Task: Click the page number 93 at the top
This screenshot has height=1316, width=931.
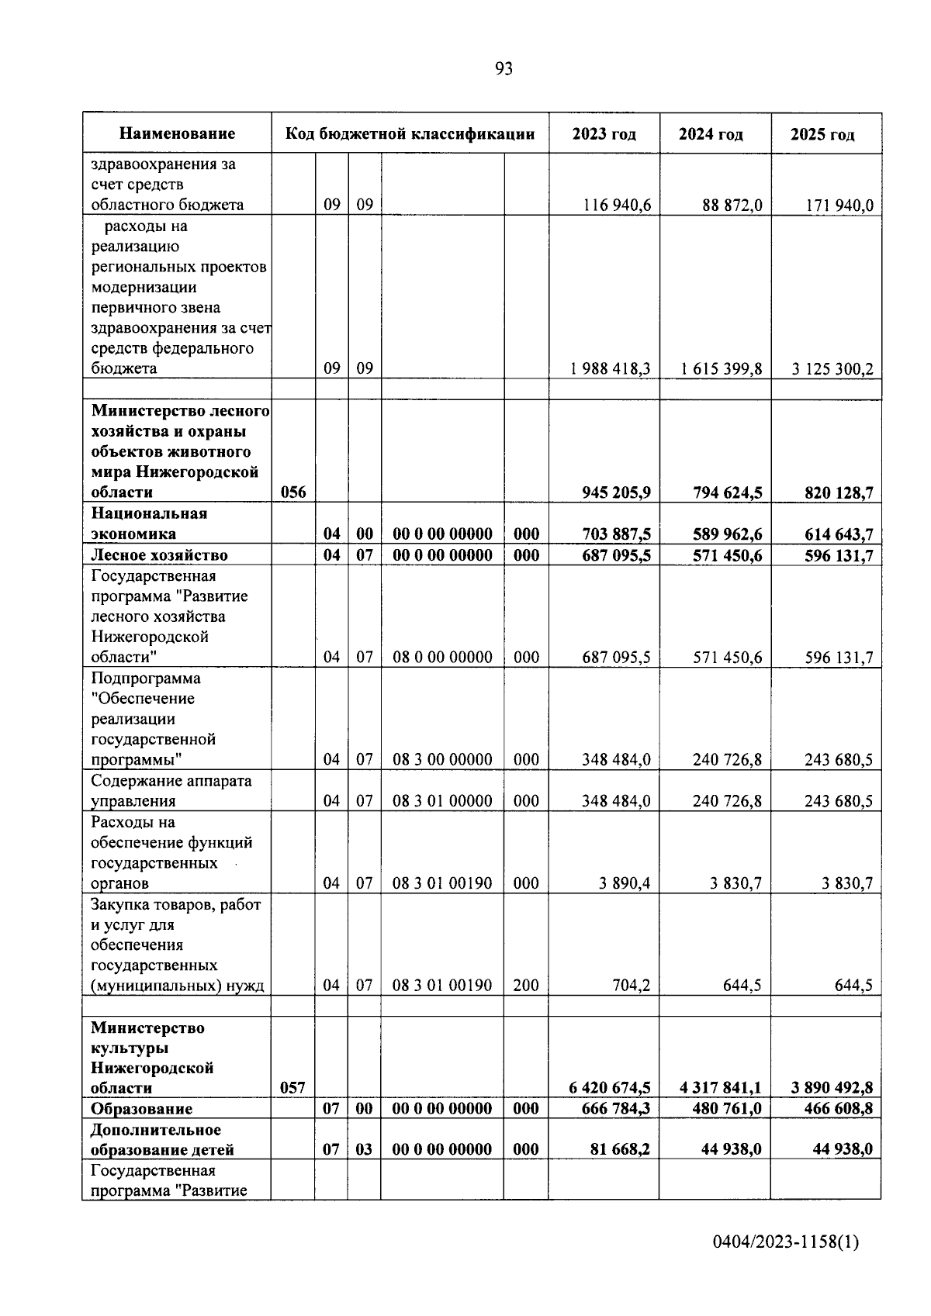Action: click(x=504, y=70)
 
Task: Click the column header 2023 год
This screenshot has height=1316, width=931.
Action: click(x=604, y=134)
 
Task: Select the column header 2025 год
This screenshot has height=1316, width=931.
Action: click(x=822, y=134)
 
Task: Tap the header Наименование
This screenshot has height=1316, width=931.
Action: click(x=177, y=134)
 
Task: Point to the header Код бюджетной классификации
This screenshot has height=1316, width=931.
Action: click(x=410, y=134)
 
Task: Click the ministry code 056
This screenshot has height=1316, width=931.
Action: click(x=292, y=492)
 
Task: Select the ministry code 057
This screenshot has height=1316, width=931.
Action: click(x=292, y=1088)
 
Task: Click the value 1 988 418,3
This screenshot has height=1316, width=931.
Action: click(x=610, y=369)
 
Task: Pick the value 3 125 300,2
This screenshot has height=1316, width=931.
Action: click(x=832, y=369)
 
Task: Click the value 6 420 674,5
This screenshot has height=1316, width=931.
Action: click(x=610, y=1088)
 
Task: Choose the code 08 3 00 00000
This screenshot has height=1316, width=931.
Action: click(x=442, y=760)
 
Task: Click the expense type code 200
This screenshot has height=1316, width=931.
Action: click(x=526, y=986)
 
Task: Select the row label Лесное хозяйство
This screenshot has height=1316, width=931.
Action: click(x=159, y=555)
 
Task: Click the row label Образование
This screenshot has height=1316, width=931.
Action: click(x=141, y=1109)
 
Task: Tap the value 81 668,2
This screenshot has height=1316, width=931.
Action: click(x=620, y=1149)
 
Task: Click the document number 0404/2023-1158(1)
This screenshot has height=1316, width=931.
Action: click(x=785, y=1243)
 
